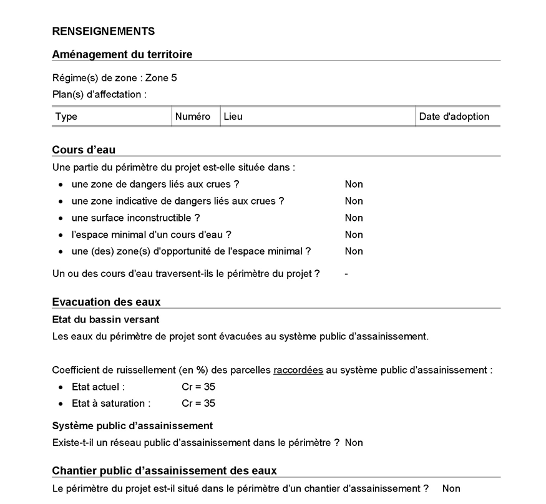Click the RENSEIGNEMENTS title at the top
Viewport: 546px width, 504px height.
click(x=104, y=31)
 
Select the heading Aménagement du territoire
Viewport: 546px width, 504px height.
click(x=122, y=54)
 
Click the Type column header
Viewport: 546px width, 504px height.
click(x=67, y=117)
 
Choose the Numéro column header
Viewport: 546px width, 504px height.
click(x=193, y=117)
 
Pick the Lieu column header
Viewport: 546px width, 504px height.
click(x=233, y=117)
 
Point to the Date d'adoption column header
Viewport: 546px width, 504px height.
click(x=454, y=117)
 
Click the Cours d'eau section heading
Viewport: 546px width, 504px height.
click(x=84, y=150)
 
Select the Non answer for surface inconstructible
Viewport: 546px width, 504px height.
click(x=354, y=218)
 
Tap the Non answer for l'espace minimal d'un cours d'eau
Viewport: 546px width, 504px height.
click(x=354, y=235)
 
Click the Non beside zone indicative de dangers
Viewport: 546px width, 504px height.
click(x=354, y=201)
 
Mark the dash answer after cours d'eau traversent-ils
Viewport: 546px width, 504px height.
click(x=346, y=274)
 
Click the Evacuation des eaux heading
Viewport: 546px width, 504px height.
click(x=106, y=302)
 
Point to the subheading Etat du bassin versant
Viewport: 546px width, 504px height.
click(x=105, y=319)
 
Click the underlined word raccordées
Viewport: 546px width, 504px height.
click(x=298, y=370)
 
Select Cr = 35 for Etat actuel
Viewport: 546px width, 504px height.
click(x=198, y=387)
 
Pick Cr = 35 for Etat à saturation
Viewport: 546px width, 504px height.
click(x=198, y=404)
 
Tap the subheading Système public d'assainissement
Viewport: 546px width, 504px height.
click(x=132, y=425)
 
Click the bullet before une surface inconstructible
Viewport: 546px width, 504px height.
click(x=61, y=218)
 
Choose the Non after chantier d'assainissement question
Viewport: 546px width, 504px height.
click(x=451, y=488)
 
